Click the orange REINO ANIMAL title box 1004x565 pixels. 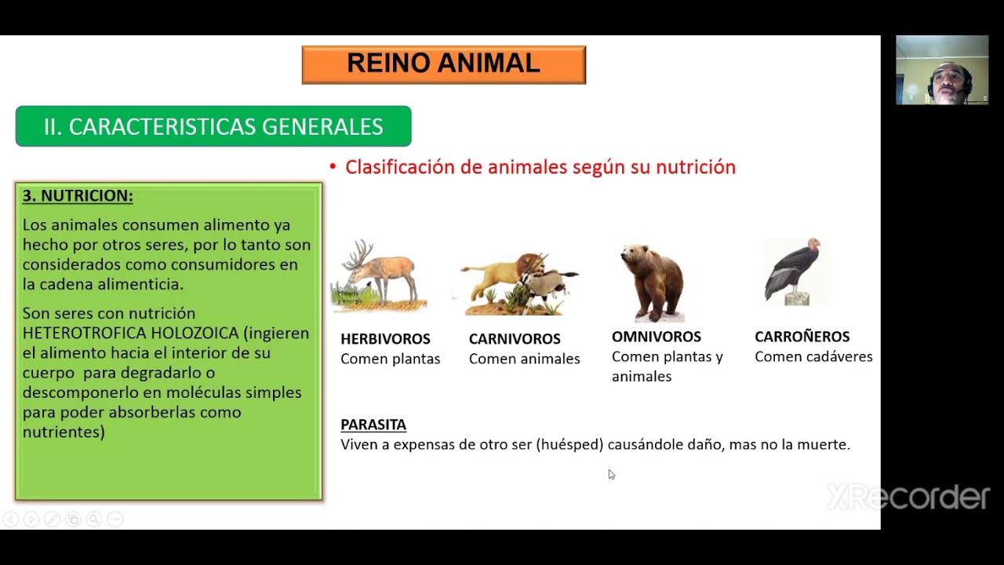click(443, 64)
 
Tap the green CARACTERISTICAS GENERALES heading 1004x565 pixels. click(213, 126)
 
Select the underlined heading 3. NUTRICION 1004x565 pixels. click(78, 195)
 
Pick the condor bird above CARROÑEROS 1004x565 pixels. click(795, 271)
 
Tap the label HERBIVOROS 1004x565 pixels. click(385, 339)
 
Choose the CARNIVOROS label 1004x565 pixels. click(515, 339)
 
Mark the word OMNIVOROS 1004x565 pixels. click(657, 337)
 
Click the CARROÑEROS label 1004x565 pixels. click(802, 337)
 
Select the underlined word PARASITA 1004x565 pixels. click(373, 425)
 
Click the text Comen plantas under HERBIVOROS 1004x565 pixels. click(390, 359)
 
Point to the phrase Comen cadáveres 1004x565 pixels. click(813, 357)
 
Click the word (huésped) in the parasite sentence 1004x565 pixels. click(570, 445)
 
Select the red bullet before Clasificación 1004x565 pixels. click(333, 167)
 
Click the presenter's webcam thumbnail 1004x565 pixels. click(942, 70)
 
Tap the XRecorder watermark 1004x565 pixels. click(908, 498)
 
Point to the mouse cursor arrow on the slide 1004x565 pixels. click(611, 474)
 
